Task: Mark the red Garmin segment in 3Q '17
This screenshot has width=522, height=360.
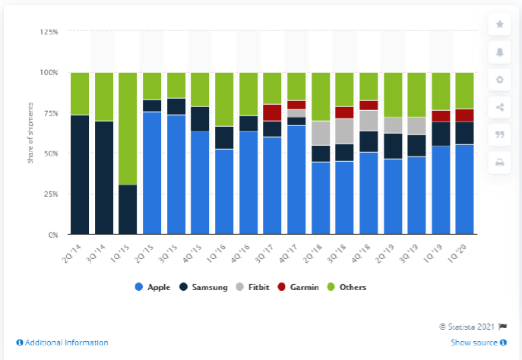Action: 273,112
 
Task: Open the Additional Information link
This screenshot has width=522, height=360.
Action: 62,343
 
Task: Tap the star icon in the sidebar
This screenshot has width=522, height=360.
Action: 499,24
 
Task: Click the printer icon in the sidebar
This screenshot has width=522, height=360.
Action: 499,162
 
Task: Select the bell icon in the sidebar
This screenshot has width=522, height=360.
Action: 499,52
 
